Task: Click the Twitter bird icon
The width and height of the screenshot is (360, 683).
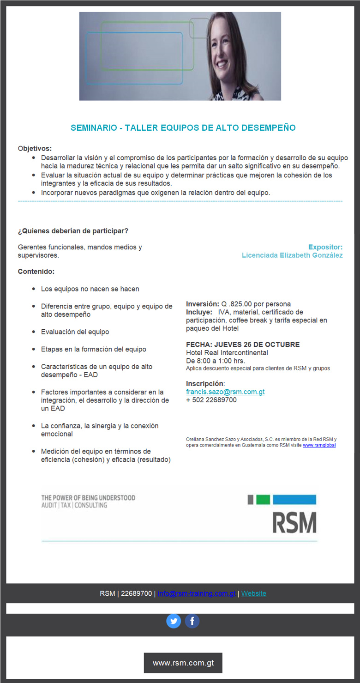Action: coord(174,621)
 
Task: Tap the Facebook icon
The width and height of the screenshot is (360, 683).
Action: coord(192,621)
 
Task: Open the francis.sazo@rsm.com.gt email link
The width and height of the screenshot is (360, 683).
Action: coord(225,392)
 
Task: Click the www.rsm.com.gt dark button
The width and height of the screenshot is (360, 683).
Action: coord(183,663)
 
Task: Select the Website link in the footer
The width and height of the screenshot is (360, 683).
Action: coord(253,593)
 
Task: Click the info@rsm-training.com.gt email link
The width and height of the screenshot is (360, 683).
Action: coord(197,593)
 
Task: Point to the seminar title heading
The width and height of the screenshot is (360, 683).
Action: coord(183,127)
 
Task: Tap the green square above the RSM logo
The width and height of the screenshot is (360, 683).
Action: coord(263,499)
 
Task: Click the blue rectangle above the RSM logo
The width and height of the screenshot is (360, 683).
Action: coord(294,499)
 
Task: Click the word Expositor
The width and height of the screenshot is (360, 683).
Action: coord(325,247)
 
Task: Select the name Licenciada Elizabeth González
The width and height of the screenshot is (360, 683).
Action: coord(292,255)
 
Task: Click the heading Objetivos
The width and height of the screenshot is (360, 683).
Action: coord(35,148)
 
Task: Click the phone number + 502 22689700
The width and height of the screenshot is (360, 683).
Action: coord(211,400)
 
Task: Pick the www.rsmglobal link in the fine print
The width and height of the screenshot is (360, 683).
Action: coord(319,445)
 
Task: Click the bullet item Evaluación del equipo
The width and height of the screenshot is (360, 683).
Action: coord(75,332)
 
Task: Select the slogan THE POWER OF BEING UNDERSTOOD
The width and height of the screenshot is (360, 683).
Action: coord(88,498)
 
